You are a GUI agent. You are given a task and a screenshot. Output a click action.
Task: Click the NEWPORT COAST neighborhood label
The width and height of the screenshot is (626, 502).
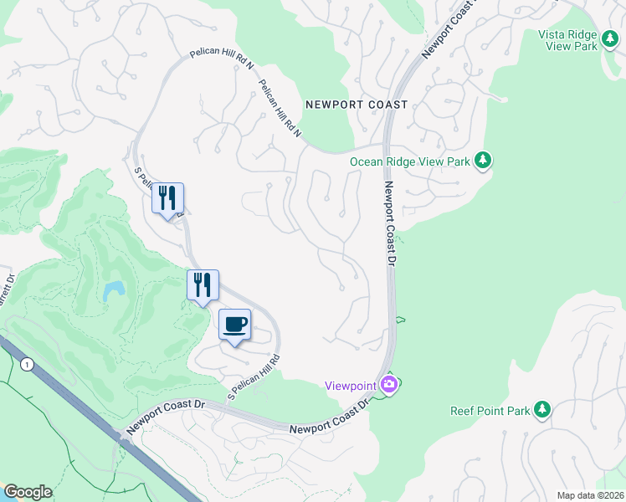[357, 105]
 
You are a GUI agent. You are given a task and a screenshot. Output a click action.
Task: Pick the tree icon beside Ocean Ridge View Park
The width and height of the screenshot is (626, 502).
[482, 160]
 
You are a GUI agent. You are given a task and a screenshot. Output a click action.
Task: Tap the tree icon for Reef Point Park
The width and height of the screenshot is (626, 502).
[543, 409]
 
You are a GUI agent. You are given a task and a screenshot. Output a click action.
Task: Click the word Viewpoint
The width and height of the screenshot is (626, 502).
[351, 385]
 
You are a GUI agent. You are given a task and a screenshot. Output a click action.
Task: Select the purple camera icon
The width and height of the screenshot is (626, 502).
[388, 384]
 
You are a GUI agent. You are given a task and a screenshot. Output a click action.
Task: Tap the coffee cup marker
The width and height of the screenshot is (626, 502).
[234, 325]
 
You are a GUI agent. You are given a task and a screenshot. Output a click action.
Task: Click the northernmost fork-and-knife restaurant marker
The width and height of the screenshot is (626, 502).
[167, 198]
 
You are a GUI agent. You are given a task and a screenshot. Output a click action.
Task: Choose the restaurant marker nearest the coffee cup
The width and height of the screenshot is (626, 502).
[203, 285]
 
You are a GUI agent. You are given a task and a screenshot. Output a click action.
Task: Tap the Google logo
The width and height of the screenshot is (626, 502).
[27, 492]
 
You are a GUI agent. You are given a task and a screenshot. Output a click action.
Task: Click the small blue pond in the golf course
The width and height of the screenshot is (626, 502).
[113, 291]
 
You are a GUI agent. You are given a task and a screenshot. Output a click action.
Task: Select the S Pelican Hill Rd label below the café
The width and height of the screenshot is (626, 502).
[253, 376]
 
